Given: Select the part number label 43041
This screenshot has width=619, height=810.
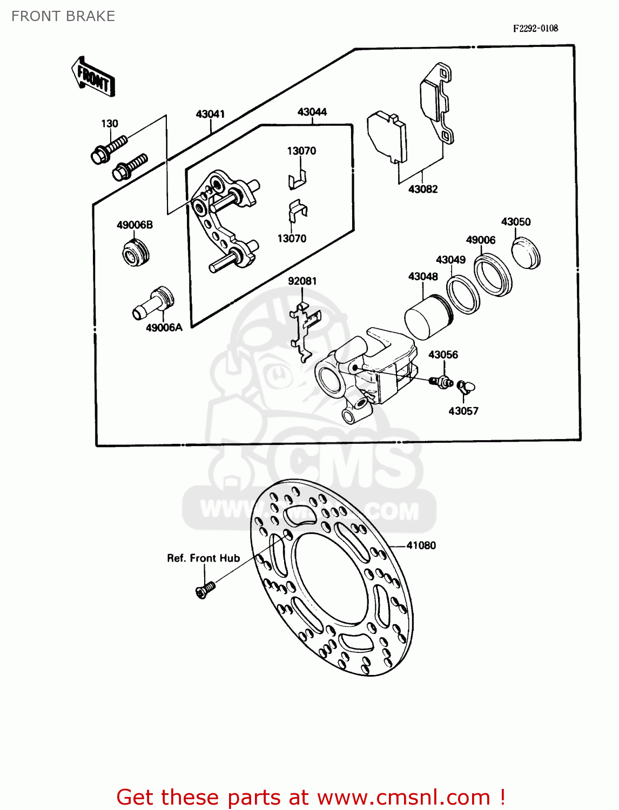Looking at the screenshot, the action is coord(210,114).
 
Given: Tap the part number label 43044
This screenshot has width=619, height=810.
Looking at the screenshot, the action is coord(312,112).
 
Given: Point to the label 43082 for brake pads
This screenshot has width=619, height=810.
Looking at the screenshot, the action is coord(423,189).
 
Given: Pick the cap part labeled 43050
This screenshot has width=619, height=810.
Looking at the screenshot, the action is coord(526,252).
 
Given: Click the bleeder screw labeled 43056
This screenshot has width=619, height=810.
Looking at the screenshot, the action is coord(442,382).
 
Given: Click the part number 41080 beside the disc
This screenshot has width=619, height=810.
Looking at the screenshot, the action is coord(421,545).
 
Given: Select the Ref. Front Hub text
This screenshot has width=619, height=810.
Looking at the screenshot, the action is coord(203,558).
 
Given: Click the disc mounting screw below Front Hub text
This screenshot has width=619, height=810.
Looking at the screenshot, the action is coord(205,590).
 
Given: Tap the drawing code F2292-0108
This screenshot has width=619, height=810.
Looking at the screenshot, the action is coord(535,28).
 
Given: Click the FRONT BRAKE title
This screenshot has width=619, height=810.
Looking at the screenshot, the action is coord(63,16).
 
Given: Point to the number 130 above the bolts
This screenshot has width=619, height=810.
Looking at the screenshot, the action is coord(110,124).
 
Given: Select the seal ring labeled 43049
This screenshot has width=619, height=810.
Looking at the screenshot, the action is coord(463,294).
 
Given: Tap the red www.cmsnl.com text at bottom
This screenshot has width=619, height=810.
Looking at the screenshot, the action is coord(403,797).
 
